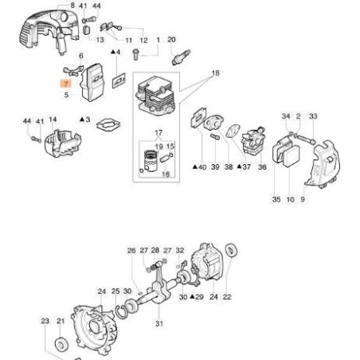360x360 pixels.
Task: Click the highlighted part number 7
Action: click(67, 82)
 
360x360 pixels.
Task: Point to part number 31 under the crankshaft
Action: click(159, 323)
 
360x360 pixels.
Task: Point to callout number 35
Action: click(276, 198)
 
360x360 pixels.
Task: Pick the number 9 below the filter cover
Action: click(302, 198)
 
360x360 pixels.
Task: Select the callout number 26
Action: click(131, 250)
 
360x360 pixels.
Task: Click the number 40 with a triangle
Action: click(200, 167)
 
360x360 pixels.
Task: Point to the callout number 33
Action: click(313, 117)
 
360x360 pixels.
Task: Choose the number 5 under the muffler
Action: click(67, 95)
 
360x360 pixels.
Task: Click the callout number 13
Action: click(100, 39)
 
